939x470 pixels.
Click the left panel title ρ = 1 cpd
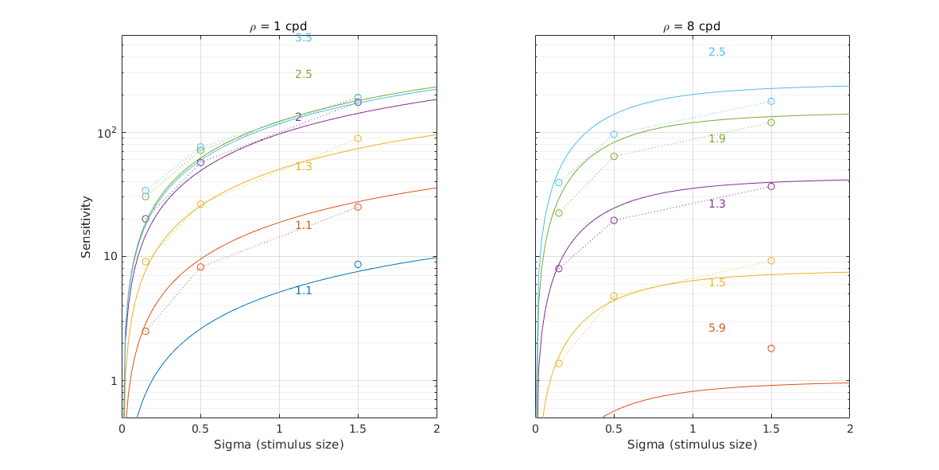click(278, 26)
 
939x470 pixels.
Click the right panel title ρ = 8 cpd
click(692, 26)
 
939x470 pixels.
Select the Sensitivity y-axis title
click(86, 227)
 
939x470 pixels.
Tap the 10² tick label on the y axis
click(107, 132)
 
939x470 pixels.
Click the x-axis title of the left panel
click(278, 445)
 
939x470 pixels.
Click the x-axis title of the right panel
click(692, 445)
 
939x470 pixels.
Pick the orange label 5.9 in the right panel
click(716, 328)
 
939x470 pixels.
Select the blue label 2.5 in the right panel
click(716, 52)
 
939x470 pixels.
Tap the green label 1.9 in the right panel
click(716, 138)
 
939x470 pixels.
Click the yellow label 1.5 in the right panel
click(716, 282)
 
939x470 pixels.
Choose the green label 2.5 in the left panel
click(303, 74)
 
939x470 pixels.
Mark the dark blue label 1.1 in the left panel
click(303, 290)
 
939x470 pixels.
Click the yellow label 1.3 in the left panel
click(303, 166)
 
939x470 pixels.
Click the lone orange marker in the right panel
click(771, 348)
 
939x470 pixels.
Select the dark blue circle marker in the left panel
click(358, 264)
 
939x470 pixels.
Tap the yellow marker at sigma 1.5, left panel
click(358, 138)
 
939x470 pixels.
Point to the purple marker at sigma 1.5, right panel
click(771, 186)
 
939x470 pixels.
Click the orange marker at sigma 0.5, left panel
click(200, 266)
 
